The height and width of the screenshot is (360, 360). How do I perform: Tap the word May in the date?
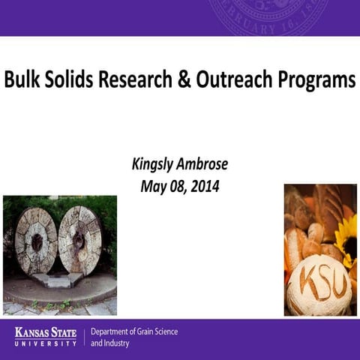153,185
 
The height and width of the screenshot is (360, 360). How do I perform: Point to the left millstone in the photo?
36,240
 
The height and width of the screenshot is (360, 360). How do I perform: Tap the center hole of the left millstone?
36,241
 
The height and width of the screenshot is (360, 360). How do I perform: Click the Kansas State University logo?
46,337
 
